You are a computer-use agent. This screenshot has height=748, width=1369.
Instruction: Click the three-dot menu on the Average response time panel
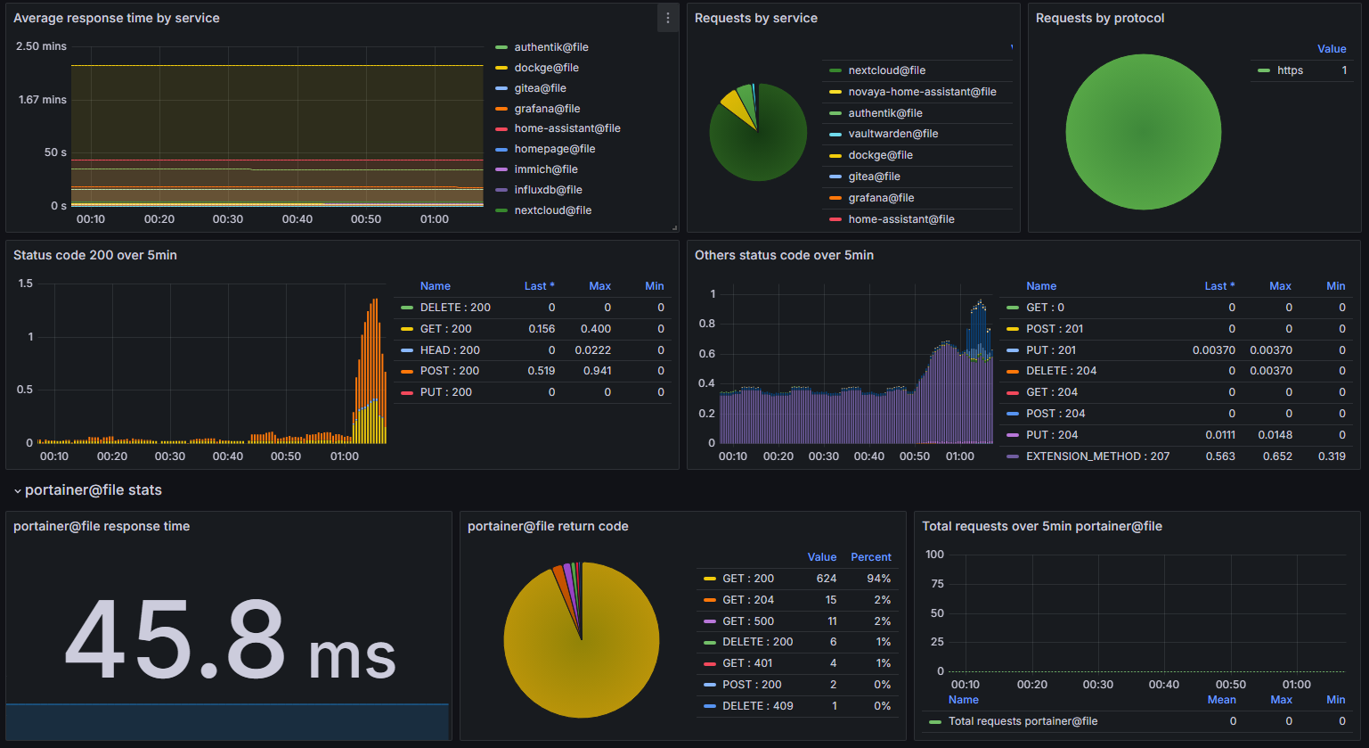[668, 19]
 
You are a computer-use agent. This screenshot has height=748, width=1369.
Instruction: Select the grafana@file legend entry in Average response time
[547, 109]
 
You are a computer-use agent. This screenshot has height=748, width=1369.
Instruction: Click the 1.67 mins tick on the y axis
[43, 100]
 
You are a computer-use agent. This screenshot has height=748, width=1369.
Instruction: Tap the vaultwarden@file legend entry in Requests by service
[892, 134]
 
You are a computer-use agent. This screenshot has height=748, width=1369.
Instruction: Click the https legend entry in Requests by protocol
[1290, 70]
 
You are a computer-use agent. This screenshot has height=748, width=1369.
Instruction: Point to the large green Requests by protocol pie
[1143, 132]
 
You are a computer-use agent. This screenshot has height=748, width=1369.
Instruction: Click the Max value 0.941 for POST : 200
[597, 371]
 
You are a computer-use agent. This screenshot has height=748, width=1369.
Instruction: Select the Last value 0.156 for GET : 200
[542, 329]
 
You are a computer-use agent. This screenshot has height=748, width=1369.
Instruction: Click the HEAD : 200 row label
[450, 350]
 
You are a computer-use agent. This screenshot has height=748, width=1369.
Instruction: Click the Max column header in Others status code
[1280, 286]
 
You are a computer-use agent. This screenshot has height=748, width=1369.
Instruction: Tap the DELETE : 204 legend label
[1061, 371]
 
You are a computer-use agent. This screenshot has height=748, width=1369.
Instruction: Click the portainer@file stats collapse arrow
[16, 490]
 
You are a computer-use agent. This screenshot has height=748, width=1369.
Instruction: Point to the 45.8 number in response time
[175, 640]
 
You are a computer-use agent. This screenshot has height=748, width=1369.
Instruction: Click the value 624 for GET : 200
[826, 579]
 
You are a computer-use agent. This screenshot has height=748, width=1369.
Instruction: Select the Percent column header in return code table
[870, 557]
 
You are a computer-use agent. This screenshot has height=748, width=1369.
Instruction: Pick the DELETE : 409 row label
[757, 706]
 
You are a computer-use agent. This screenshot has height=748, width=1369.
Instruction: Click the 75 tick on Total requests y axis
[936, 584]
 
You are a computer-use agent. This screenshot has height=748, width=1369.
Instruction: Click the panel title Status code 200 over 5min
[95, 255]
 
